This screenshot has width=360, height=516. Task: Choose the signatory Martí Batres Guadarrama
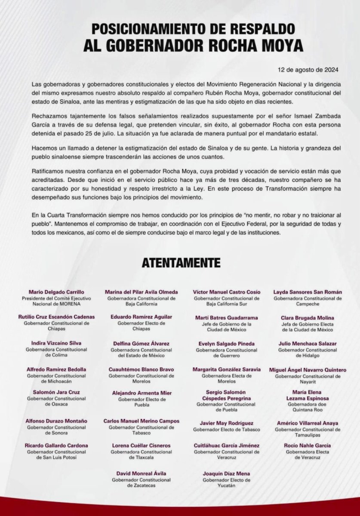coord(227,318)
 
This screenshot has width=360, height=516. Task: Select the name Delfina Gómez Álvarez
coord(136,344)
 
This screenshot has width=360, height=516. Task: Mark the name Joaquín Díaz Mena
coord(227,473)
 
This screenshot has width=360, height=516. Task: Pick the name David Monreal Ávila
coord(136,473)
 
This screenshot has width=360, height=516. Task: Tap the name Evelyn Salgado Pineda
coord(227,344)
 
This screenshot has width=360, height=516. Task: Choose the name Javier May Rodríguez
coord(227,423)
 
